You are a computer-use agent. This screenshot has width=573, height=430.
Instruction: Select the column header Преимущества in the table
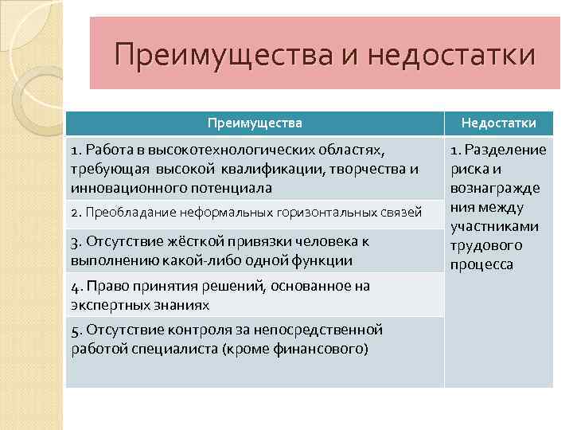(255, 123)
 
